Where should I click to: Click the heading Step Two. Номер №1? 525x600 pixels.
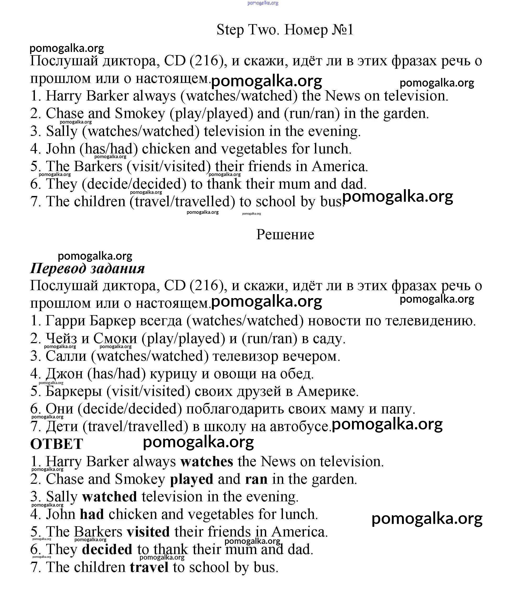coord(285,30)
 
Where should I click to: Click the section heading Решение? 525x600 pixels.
coord(285,235)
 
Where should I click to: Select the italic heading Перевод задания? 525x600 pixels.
coord(87,268)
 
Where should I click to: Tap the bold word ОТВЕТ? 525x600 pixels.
coord(57,444)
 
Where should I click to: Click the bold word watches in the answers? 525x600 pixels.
coord(207,462)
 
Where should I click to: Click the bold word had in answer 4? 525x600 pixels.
coord(92,514)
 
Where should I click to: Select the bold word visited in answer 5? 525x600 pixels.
coord(148,532)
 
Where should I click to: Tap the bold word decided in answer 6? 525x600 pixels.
coord(107,550)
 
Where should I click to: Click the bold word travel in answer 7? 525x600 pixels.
coord(149,567)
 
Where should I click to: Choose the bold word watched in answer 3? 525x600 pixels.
coord(110,497)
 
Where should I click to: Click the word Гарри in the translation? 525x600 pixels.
coord(65,321)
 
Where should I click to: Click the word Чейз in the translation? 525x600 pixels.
coord(62,338)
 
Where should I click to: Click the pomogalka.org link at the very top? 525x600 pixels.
coord(263,3)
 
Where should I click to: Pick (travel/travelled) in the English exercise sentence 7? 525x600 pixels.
coord(182,202)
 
